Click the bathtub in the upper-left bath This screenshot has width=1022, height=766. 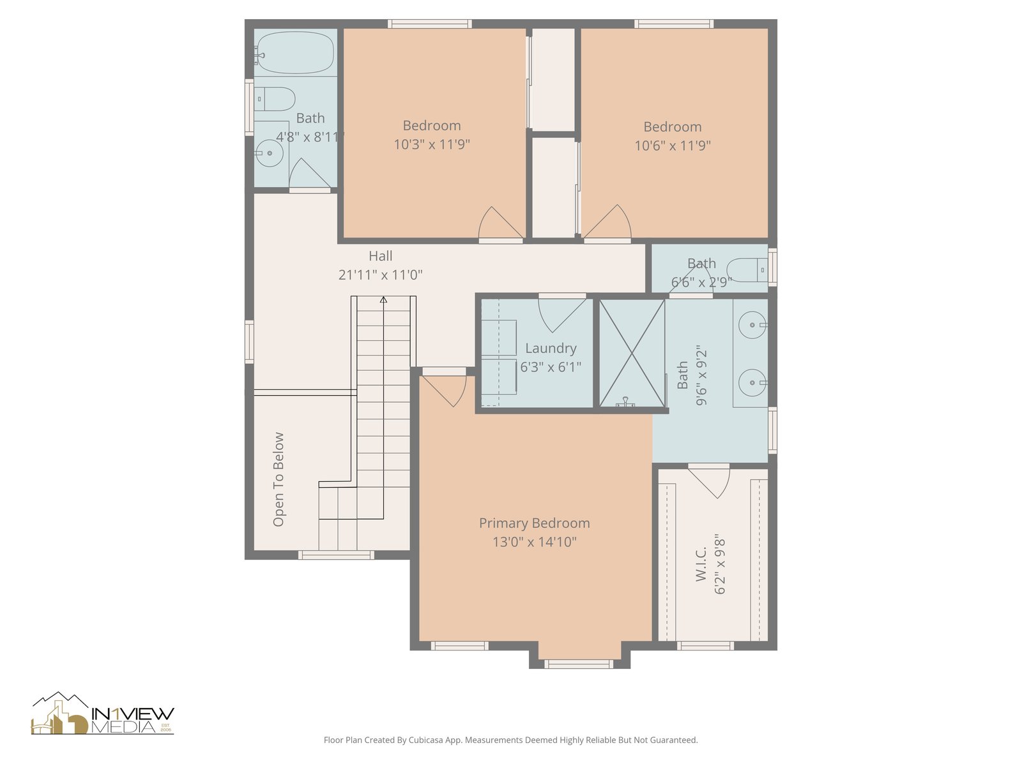pyautogui.click(x=294, y=52)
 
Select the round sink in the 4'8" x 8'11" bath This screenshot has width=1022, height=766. pyautogui.click(x=270, y=153)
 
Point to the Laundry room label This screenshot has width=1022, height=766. pyautogui.click(x=551, y=348)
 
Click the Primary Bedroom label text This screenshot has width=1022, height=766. pyautogui.click(x=535, y=523)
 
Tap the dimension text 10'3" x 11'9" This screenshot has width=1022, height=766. pyautogui.click(x=432, y=144)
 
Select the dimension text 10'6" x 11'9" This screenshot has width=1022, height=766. pyautogui.click(x=673, y=146)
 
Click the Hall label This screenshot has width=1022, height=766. pyautogui.click(x=381, y=256)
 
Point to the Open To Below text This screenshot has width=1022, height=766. pyautogui.click(x=278, y=479)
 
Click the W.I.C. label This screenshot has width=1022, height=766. pyautogui.click(x=701, y=564)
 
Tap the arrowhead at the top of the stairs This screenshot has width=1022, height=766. pyautogui.click(x=383, y=300)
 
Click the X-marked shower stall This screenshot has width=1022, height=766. pyautogui.click(x=632, y=354)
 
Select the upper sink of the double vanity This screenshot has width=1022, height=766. pyautogui.click(x=752, y=325)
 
